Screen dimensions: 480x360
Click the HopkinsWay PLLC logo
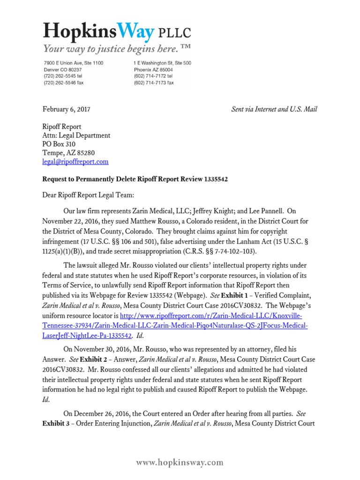[117, 32]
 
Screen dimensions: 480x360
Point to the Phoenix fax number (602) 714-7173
[154, 82]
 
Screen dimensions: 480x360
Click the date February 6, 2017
[66, 109]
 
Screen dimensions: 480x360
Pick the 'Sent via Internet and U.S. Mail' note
[274, 109]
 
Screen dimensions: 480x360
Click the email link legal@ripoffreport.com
[75, 162]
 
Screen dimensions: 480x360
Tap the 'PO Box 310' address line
[59, 144]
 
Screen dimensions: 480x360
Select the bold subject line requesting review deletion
[135, 180]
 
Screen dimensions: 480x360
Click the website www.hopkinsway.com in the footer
[180, 463]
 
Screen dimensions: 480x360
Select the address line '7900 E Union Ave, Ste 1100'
[74, 63]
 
